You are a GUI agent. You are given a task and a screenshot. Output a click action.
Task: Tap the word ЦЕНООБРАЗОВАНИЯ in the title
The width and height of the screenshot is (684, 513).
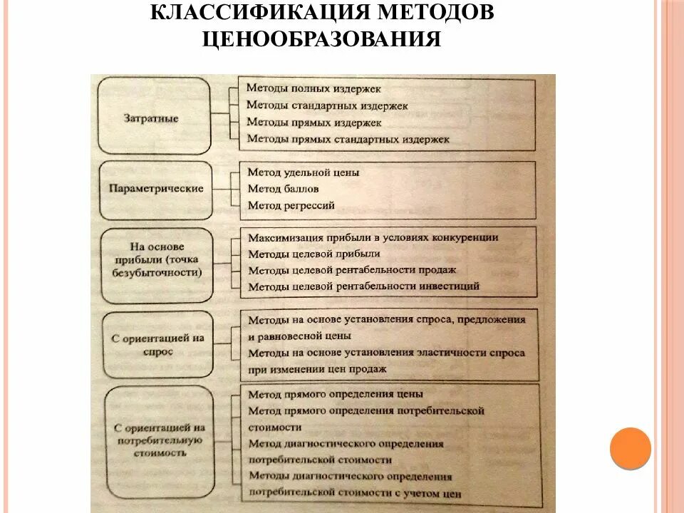click(x=321, y=38)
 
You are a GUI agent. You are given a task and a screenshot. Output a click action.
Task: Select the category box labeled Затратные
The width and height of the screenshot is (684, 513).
click(x=155, y=117)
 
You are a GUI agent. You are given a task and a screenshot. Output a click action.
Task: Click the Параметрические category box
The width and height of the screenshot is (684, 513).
click(x=156, y=190)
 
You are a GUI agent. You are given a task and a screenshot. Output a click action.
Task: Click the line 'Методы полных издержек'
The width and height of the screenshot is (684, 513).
click(x=313, y=89)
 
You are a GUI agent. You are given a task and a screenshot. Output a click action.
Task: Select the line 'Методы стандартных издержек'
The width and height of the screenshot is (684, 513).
click(x=327, y=105)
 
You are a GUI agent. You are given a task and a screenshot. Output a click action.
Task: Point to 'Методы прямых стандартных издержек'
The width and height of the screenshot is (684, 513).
click(x=348, y=140)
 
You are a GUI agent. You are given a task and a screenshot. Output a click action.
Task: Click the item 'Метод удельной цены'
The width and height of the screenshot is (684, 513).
click(x=304, y=172)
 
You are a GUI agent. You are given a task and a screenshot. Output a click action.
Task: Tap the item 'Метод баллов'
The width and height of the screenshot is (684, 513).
click(x=283, y=189)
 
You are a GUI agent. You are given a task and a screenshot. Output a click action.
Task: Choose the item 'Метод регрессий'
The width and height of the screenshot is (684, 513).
click(x=291, y=206)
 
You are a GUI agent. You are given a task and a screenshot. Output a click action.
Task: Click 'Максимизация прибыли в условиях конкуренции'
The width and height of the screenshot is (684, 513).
click(x=373, y=237)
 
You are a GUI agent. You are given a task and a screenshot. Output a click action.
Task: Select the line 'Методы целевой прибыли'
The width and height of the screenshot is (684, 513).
click(x=313, y=254)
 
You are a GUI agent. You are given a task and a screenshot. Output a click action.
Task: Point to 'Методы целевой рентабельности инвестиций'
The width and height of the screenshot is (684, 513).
click(x=363, y=286)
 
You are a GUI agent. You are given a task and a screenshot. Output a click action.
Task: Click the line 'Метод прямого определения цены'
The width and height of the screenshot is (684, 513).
click(x=335, y=393)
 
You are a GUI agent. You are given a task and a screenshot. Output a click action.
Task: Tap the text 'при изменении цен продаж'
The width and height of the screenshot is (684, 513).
click(x=317, y=369)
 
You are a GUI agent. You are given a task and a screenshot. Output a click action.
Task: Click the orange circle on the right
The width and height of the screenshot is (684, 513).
click(x=631, y=447)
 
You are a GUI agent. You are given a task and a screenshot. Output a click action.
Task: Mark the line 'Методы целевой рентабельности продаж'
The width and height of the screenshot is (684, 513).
click(x=352, y=270)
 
